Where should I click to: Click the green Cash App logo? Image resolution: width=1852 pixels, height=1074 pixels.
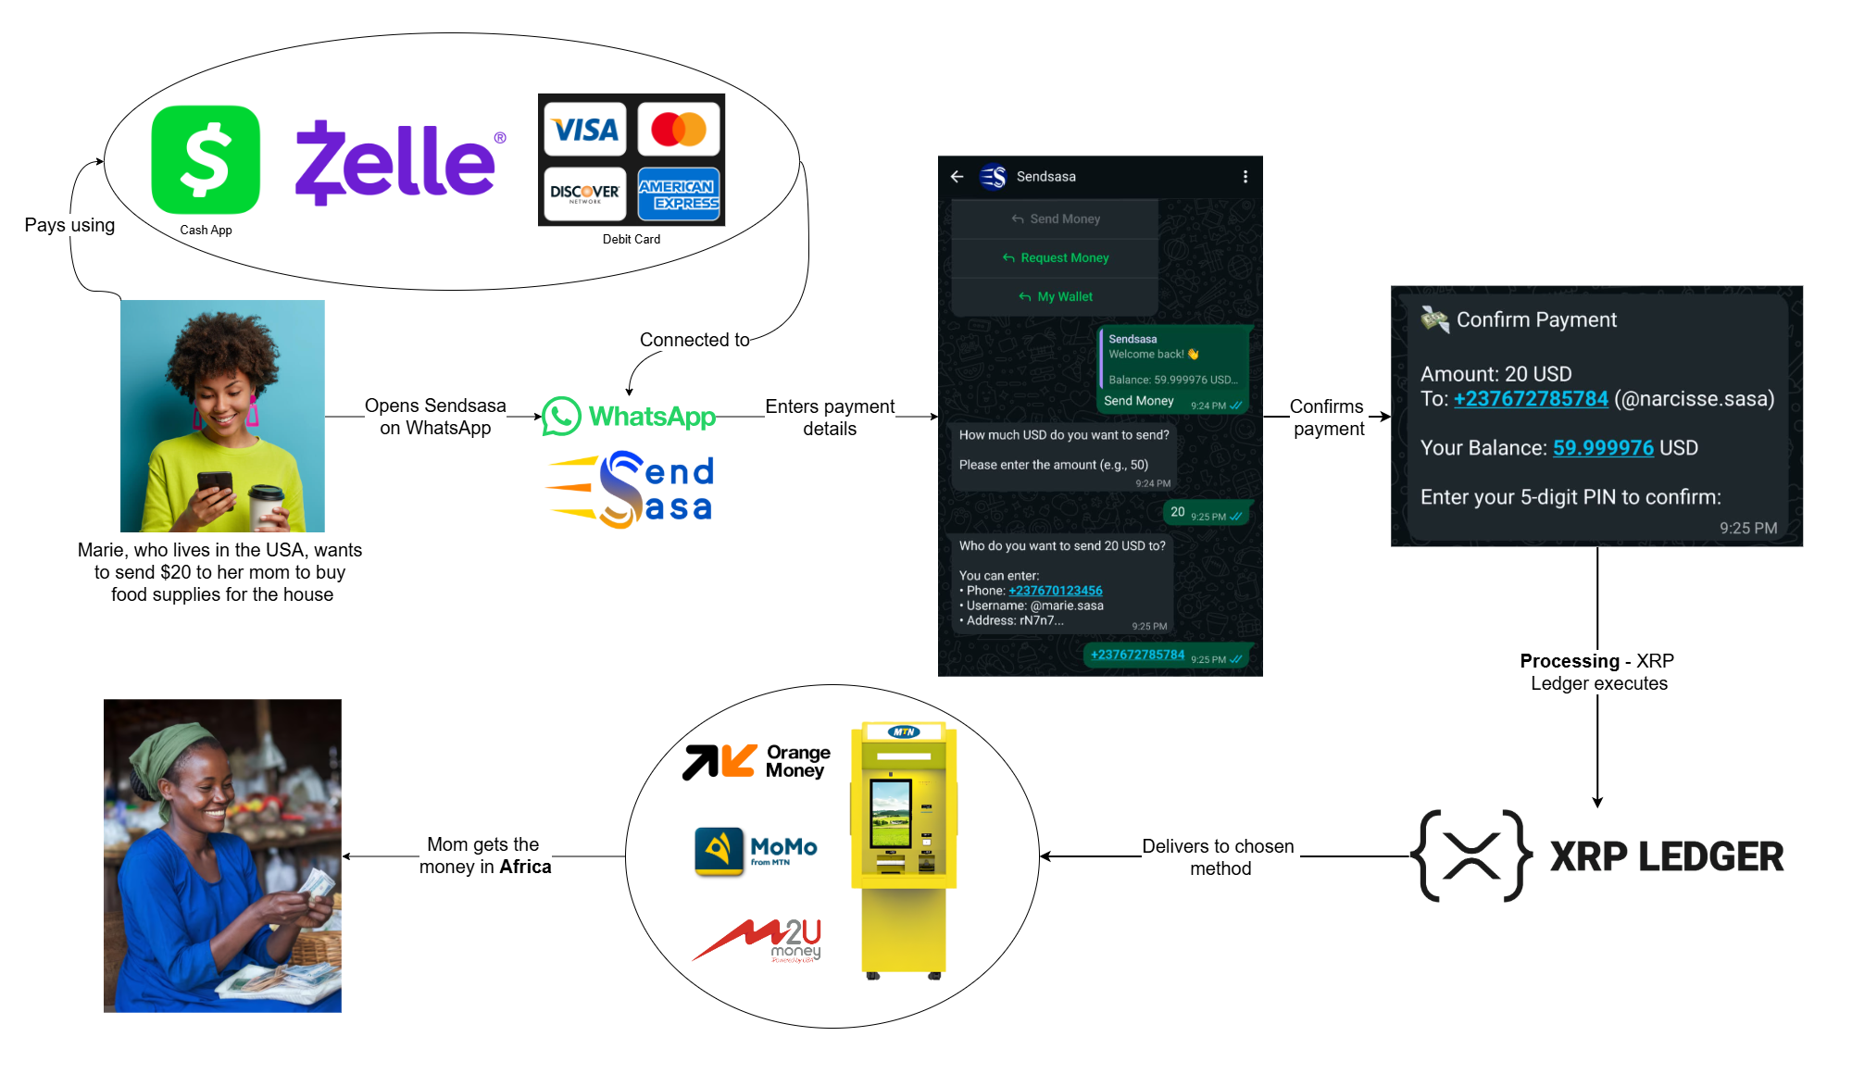tap(206, 159)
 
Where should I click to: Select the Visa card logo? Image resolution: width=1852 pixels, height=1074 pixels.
tap(585, 130)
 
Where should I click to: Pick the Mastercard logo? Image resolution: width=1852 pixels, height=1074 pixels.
tap(679, 130)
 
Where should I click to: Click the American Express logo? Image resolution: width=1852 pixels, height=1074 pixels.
tap(679, 194)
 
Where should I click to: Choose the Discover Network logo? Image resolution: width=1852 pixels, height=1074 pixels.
tap(585, 194)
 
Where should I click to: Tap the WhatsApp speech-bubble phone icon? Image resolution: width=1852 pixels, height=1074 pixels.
tap(561, 417)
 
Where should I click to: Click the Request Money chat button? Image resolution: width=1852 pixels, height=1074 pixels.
tap(1056, 258)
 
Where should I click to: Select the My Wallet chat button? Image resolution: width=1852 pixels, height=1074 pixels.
tap(1056, 297)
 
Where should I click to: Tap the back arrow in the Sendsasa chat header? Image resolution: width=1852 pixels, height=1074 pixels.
tap(957, 177)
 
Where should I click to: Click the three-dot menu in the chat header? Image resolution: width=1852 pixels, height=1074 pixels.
tap(1245, 177)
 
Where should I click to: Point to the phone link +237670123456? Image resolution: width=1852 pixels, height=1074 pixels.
tap(1056, 591)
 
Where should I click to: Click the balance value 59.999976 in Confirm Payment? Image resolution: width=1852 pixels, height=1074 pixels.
tap(1603, 448)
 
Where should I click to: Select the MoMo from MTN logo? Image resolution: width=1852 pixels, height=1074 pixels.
tap(756, 850)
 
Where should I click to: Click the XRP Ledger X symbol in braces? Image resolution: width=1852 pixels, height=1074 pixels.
tap(1471, 855)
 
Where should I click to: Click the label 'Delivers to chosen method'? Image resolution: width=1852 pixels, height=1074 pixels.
tap(1219, 857)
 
